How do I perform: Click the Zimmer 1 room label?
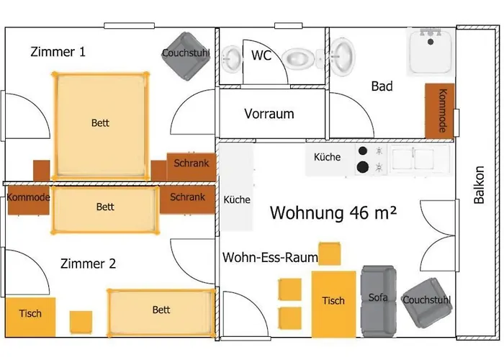(x=58, y=52)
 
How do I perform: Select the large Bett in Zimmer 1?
(x=101, y=122)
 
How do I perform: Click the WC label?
(x=261, y=55)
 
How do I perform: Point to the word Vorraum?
(x=269, y=114)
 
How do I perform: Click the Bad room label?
(x=382, y=86)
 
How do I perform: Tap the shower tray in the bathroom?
(x=431, y=51)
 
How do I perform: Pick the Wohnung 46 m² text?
(x=334, y=212)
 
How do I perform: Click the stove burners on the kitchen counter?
(x=371, y=158)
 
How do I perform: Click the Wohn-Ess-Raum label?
(x=271, y=258)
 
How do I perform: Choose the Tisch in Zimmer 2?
(x=30, y=314)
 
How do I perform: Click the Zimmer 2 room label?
(x=88, y=264)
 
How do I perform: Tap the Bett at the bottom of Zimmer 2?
(x=161, y=311)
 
